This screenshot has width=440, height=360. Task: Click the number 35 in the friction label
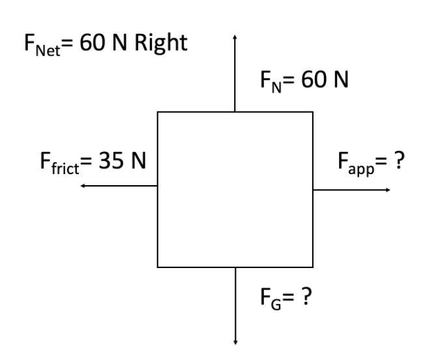[x=111, y=160]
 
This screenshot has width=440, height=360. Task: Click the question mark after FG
[x=305, y=297]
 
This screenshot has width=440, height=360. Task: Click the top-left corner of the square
[x=158, y=112]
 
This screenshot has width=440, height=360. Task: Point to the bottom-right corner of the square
[x=313, y=267]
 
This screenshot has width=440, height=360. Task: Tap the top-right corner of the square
[x=313, y=112]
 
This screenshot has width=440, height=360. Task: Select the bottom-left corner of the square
[x=158, y=267]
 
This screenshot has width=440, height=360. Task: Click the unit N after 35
[x=138, y=160]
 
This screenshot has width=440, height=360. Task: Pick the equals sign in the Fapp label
[x=382, y=161]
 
